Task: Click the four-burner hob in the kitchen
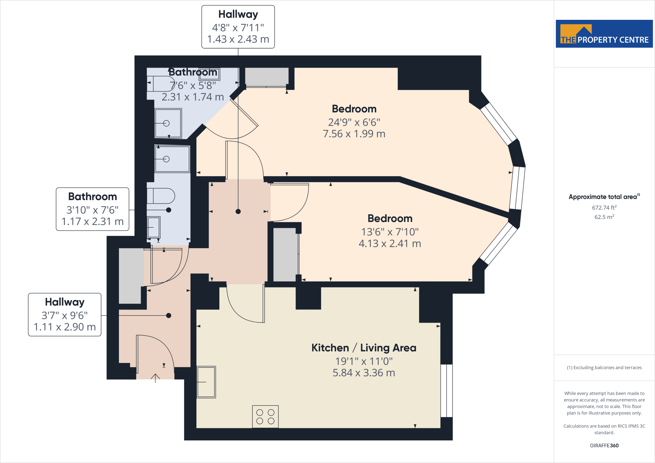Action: click(x=265, y=417)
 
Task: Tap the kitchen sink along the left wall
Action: click(x=206, y=382)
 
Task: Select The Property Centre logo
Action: click(x=604, y=34)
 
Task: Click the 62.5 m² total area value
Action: click(x=604, y=217)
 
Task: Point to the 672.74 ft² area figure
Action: click(x=604, y=208)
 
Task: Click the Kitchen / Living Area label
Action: click(x=364, y=348)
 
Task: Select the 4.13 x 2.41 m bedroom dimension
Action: click(x=390, y=244)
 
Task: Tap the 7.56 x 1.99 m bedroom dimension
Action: click(x=354, y=134)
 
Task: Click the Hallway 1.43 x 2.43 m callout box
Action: click(x=238, y=27)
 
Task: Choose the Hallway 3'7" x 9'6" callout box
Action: click(x=65, y=315)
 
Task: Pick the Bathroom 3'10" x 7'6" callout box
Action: click(x=92, y=209)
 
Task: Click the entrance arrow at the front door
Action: click(x=155, y=378)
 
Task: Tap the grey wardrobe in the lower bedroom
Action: click(x=285, y=255)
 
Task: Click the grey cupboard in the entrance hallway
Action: click(x=130, y=276)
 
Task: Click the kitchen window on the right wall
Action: click(x=446, y=391)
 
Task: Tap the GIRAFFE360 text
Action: click(x=604, y=445)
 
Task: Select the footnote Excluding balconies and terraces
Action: click(x=604, y=368)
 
